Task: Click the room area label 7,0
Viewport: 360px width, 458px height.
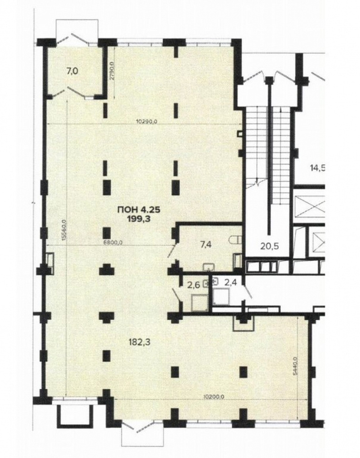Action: (x=72, y=71)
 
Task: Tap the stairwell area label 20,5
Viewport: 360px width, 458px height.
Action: (x=269, y=246)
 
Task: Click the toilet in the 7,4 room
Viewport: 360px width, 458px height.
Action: (x=235, y=240)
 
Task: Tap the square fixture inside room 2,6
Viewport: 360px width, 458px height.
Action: (x=199, y=302)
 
